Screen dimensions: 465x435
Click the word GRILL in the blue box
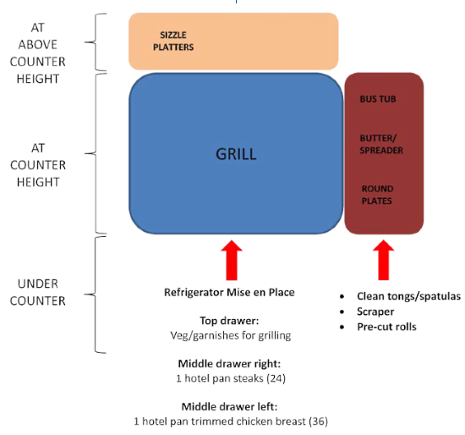tap(236, 154)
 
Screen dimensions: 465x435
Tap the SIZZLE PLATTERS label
tap(173, 41)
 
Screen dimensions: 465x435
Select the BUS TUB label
tap(378, 99)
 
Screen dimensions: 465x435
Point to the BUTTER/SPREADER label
tap(381, 145)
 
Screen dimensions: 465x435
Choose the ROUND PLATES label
tap(377, 195)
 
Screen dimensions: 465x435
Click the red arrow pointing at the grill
tap(232, 260)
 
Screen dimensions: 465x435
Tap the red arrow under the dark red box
tap(384, 260)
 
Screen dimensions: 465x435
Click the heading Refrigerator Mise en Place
tap(229, 292)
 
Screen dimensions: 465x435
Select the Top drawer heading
tap(229, 321)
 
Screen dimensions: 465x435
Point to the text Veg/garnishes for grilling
tap(231, 335)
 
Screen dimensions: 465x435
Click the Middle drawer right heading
tap(229, 363)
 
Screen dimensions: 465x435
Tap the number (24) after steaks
tap(276, 378)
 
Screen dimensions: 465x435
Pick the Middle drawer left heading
tap(229, 406)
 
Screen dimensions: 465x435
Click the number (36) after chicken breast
tap(318, 421)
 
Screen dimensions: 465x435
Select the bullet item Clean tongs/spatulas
tap(408, 296)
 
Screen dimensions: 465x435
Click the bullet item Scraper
tap(375, 311)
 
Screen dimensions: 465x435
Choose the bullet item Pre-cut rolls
tap(386, 327)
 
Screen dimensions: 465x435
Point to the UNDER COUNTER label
tap(38, 293)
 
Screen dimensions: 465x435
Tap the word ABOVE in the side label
tap(38, 45)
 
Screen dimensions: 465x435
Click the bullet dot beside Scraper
tap(342, 311)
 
